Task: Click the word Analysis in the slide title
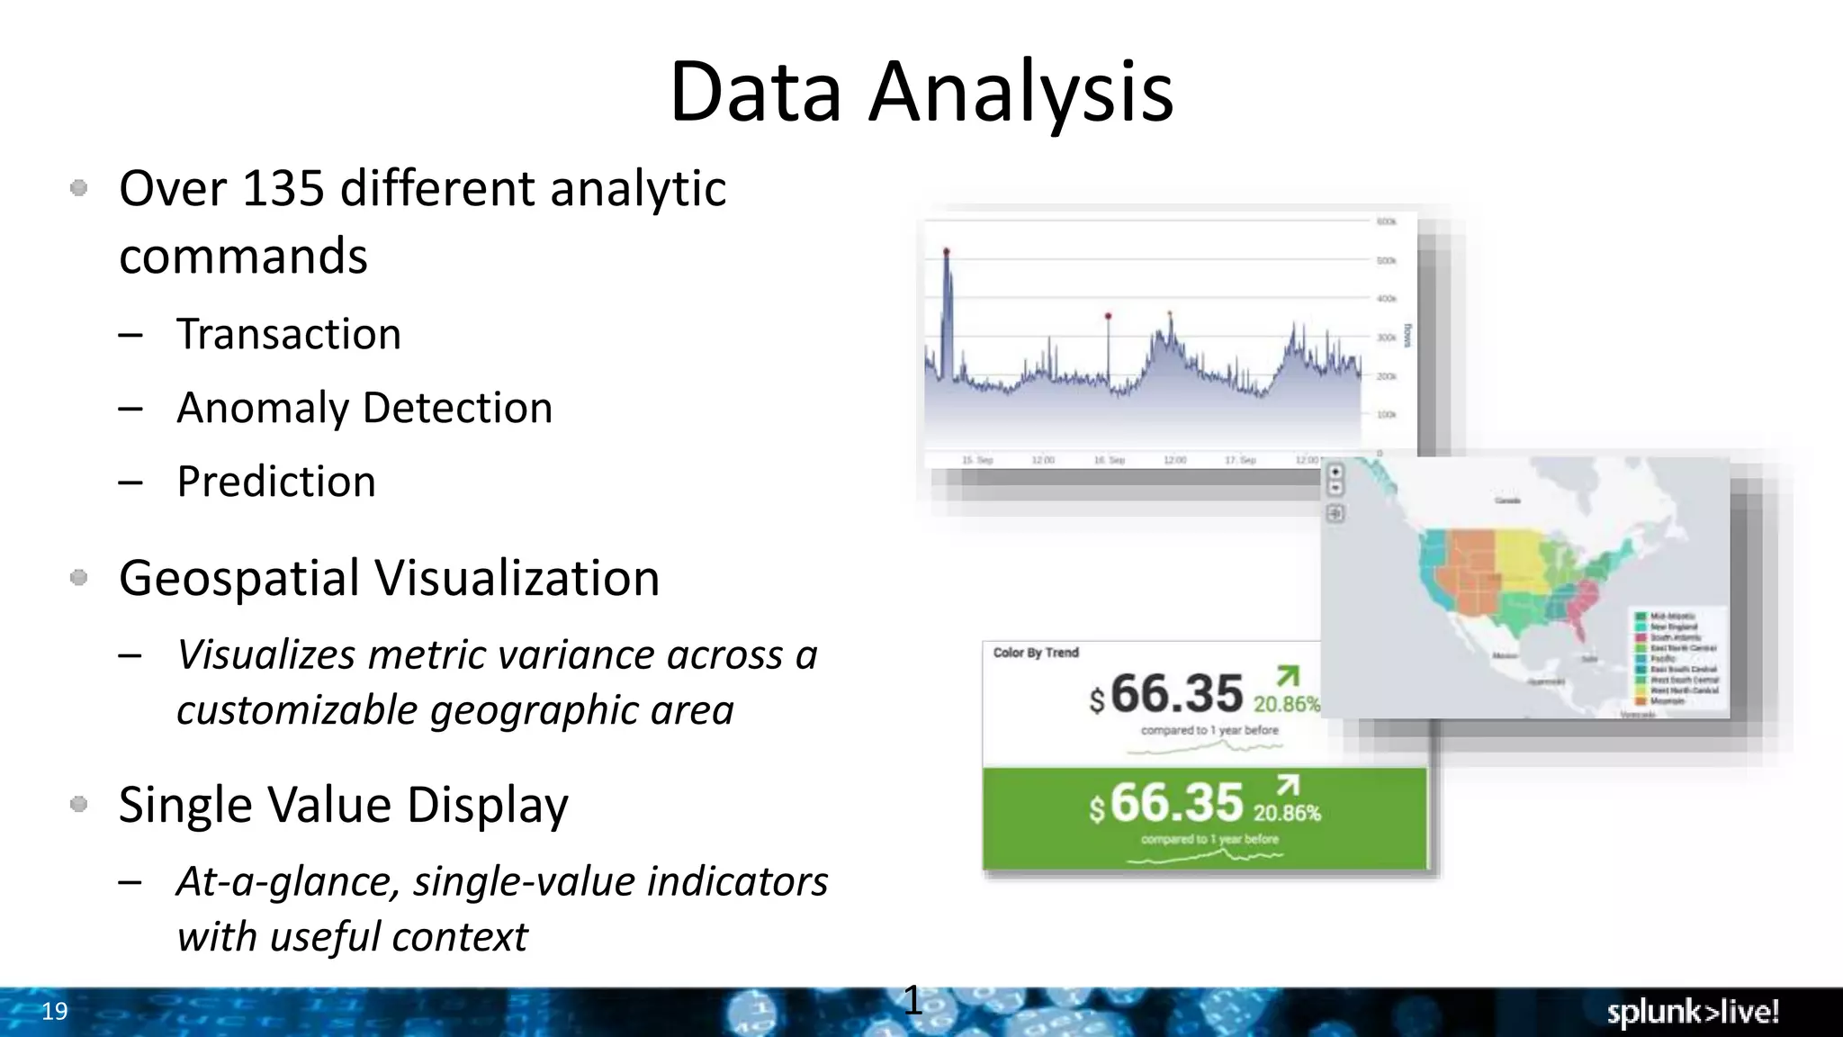(x=1020, y=92)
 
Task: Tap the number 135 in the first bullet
(x=283, y=189)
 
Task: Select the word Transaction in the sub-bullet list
(x=288, y=335)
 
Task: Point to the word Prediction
(x=276, y=482)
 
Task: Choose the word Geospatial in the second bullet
(x=238, y=579)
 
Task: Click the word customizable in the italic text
(x=296, y=711)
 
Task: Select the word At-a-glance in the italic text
(x=288, y=882)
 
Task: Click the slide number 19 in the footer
(x=55, y=1011)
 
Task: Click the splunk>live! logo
(x=1693, y=1013)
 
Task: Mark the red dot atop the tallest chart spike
(x=946, y=251)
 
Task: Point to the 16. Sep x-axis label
(x=1110, y=460)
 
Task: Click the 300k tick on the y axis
(x=1386, y=338)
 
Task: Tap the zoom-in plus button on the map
(x=1335, y=472)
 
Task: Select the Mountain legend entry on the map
(x=1667, y=700)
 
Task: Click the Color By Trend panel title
(x=1035, y=653)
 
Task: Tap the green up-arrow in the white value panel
(x=1288, y=676)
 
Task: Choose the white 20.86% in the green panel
(x=1287, y=814)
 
